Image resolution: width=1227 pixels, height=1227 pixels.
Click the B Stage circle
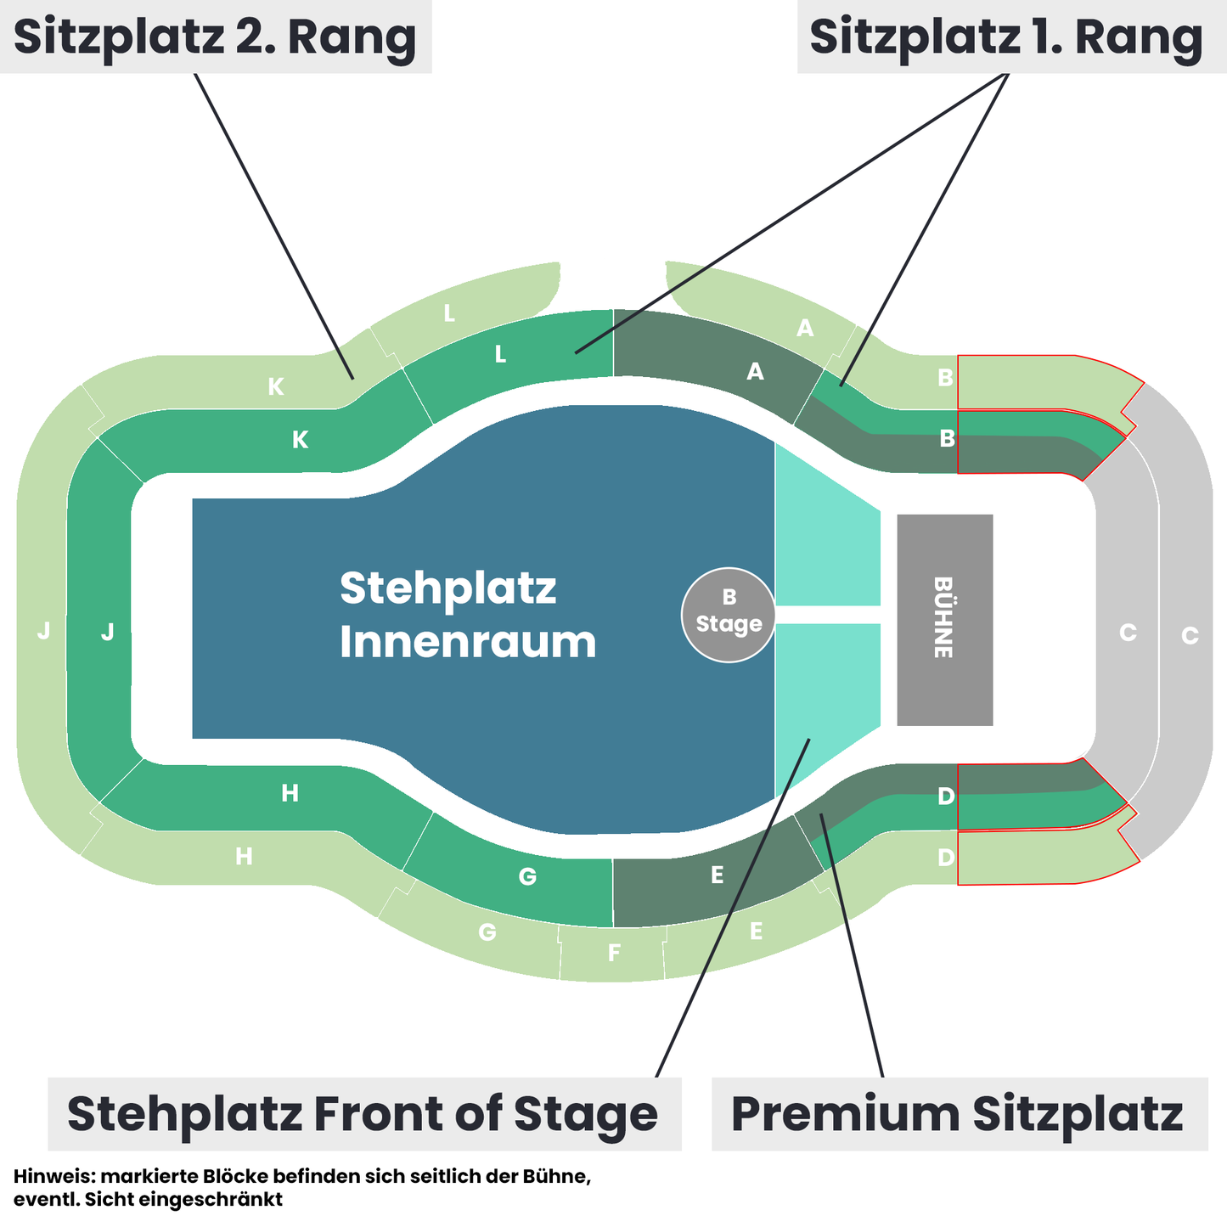(x=729, y=615)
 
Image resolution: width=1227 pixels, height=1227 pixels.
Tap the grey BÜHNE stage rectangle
(x=945, y=620)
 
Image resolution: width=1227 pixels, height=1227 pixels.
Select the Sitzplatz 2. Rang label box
(x=216, y=37)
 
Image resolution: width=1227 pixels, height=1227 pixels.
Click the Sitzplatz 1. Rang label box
(x=1012, y=37)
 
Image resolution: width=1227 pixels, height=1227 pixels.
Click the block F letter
(x=614, y=954)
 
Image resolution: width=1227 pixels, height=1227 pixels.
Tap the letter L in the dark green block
(x=500, y=354)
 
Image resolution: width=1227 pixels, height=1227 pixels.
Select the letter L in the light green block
(x=449, y=313)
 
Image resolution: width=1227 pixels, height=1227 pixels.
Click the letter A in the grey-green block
(x=755, y=371)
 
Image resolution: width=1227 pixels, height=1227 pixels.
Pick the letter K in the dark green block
(x=301, y=440)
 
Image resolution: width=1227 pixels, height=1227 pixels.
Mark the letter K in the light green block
(x=276, y=386)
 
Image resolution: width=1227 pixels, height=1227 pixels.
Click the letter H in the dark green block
(x=290, y=793)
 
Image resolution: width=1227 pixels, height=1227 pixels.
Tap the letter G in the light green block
(x=487, y=932)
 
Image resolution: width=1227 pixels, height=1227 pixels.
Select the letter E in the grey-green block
(x=717, y=875)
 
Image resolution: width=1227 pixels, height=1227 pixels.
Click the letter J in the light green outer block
(x=43, y=631)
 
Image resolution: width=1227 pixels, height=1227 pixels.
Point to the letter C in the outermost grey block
(x=1190, y=635)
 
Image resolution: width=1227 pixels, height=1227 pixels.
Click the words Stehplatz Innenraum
(x=468, y=615)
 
